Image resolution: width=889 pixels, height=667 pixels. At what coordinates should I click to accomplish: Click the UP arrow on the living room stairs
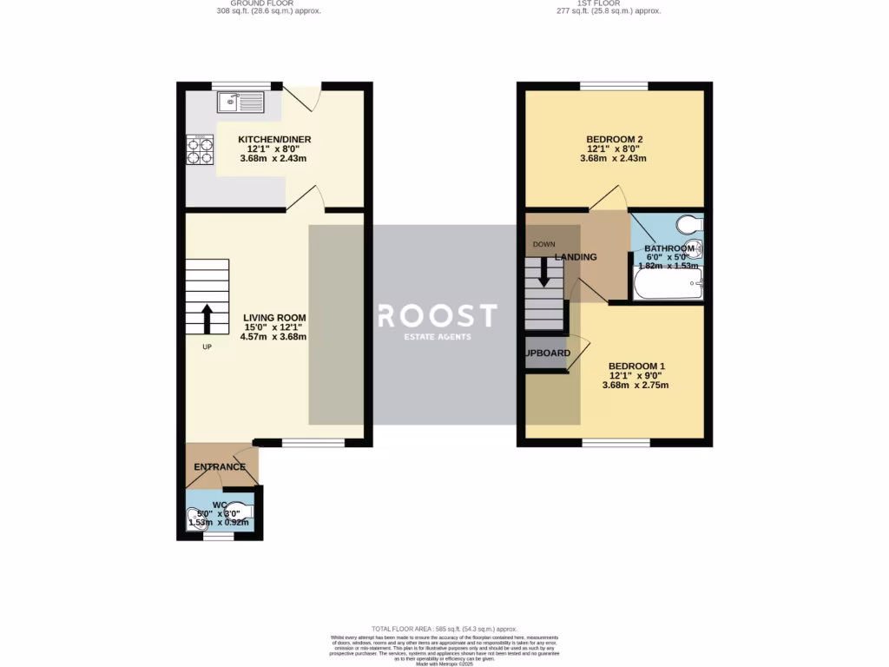208,319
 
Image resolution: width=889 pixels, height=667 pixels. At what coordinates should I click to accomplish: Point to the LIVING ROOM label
273,317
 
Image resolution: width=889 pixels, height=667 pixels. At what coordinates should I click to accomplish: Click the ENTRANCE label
220,467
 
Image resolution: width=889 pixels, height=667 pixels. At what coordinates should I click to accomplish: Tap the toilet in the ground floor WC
242,511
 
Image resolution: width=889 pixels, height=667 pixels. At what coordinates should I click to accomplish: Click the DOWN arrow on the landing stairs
544,271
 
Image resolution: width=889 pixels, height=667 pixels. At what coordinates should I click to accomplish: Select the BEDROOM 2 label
614,139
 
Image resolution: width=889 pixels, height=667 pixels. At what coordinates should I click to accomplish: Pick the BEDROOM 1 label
636,366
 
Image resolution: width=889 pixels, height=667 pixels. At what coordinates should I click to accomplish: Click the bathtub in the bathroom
667,283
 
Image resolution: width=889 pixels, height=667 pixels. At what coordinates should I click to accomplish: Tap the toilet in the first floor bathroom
691,225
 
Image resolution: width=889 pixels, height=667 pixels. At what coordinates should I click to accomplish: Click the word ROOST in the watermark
437,315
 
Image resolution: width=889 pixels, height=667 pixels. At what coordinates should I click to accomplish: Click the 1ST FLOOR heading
608,3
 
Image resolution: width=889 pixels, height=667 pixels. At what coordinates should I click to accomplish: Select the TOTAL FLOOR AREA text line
444,629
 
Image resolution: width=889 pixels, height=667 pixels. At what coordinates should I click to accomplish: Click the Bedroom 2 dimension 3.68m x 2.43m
614,159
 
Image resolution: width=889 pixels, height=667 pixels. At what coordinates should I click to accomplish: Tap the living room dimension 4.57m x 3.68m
273,337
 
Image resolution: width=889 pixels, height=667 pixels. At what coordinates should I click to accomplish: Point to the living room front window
313,443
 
